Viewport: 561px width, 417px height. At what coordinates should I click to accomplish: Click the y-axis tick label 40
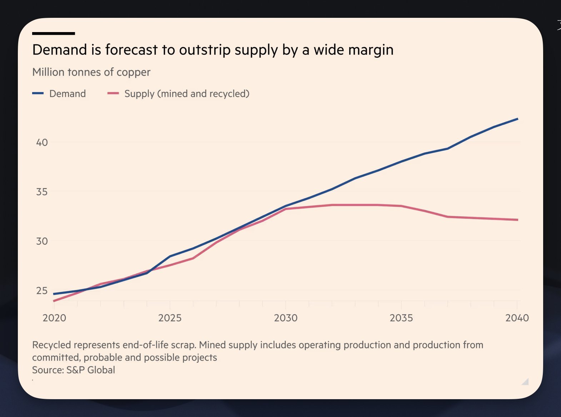coord(42,143)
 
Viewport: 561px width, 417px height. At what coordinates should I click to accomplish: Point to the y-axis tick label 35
coord(42,192)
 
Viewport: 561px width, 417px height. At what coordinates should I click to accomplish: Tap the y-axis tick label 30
coord(42,241)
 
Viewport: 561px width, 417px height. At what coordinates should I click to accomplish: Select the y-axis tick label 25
coord(42,291)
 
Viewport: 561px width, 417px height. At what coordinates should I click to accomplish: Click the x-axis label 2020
coord(54,318)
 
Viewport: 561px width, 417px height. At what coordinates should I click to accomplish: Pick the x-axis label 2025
coord(170,318)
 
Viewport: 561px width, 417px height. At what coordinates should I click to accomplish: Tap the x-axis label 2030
coord(286,318)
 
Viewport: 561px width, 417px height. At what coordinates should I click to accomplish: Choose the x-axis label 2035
coord(401,318)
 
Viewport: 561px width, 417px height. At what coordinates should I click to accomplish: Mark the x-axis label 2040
coord(517,318)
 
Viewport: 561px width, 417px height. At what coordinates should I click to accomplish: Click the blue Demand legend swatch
coord(38,93)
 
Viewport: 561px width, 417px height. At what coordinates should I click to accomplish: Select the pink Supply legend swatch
coord(113,93)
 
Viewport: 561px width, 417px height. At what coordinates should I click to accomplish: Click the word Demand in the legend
coord(67,94)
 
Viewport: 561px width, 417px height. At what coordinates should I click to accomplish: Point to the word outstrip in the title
coord(205,50)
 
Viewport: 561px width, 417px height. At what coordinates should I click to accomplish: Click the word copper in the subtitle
coord(134,72)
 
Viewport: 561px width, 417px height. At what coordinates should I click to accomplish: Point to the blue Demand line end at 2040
coord(517,119)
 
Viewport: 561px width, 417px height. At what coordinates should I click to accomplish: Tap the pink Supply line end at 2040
coord(517,220)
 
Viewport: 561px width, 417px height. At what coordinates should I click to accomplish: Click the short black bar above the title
coord(54,34)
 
